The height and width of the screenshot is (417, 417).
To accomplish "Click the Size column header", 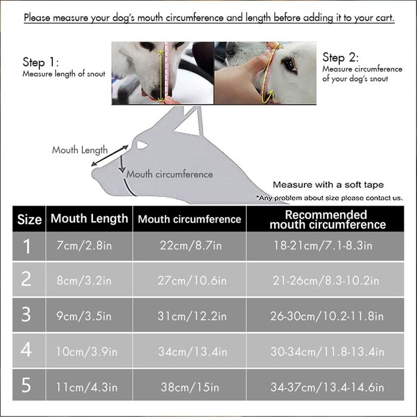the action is [x=29, y=219].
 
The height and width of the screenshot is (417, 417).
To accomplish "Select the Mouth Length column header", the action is [x=89, y=219].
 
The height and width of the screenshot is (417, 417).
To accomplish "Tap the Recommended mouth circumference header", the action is [x=328, y=219].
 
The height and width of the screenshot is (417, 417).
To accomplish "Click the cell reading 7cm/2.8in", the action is [x=84, y=245].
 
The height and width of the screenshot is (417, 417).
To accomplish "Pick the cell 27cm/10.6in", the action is [x=192, y=281].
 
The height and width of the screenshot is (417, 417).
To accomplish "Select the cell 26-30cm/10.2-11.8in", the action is [x=327, y=316].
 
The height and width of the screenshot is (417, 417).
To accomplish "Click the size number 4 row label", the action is [x=26, y=350].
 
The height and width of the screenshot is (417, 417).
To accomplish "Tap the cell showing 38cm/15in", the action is [x=190, y=387].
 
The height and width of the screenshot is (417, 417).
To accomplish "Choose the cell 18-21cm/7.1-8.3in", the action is [x=323, y=245].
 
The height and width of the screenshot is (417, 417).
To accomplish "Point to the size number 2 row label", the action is [x=26, y=279].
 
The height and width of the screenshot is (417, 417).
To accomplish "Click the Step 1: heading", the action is [x=41, y=62].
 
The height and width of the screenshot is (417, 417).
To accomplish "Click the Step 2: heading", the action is [x=341, y=57].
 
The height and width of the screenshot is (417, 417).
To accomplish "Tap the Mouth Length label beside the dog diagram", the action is [x=80, y=150].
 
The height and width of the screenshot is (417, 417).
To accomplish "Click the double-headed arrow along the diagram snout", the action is [x=110, y=155].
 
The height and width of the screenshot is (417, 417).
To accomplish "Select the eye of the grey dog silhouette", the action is [x=142, y=145].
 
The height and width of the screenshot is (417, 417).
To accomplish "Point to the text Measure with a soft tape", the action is [x=328, y=185].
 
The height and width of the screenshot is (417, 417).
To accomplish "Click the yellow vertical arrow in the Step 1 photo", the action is [x=161, y=76].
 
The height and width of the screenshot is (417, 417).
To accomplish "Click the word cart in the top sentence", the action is [x=384, y=18].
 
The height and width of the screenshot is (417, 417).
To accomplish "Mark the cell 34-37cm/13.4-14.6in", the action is [x=328, y=387].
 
